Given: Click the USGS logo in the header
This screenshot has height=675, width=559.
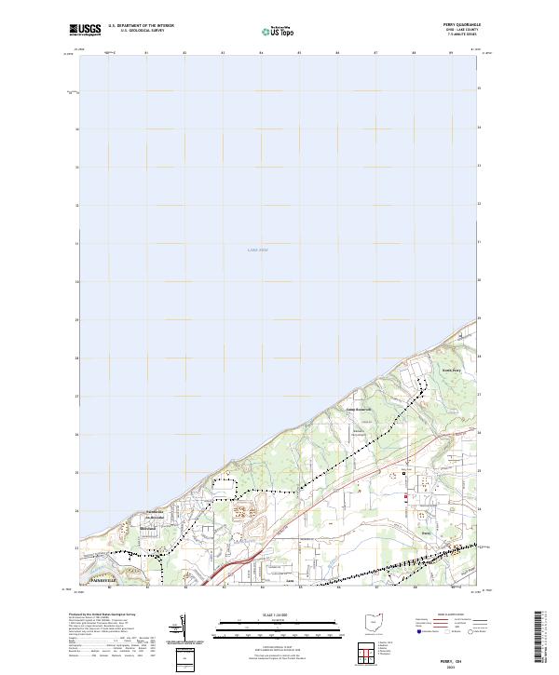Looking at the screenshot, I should tap(86, 30).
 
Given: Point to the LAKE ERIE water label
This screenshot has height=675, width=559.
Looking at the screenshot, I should tap(257, 250).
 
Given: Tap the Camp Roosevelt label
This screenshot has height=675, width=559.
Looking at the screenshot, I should tap(360, 408).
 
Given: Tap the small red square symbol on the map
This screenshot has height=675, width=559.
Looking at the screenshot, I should tap(404, 496).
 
